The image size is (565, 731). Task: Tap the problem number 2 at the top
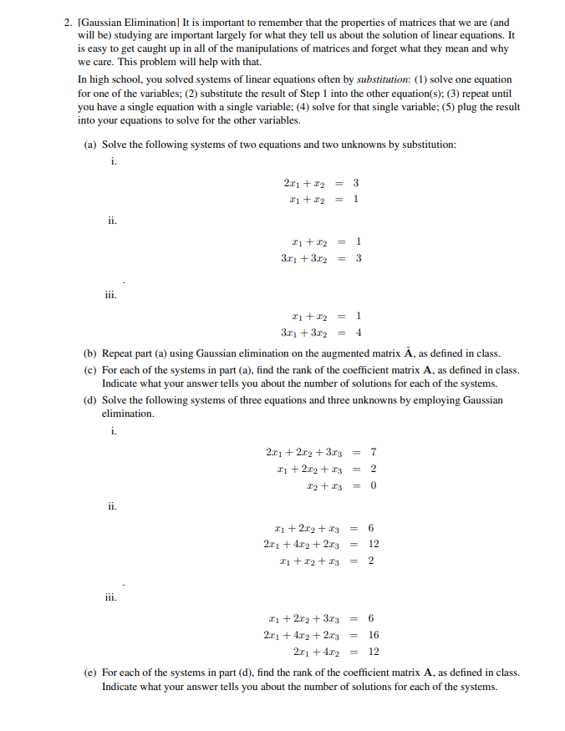(x=68, y=23)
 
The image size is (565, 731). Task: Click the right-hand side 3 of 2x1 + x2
(x=356, y=182)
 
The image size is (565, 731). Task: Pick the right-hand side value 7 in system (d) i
(x=373, y=452)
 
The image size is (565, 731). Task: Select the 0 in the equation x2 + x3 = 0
(x=373, y=485)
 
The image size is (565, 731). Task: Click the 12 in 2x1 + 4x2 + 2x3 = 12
(x=374, y=544)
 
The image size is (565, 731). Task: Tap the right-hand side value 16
(x=374, y=634)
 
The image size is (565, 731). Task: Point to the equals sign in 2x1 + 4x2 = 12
(x=354, y=651)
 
